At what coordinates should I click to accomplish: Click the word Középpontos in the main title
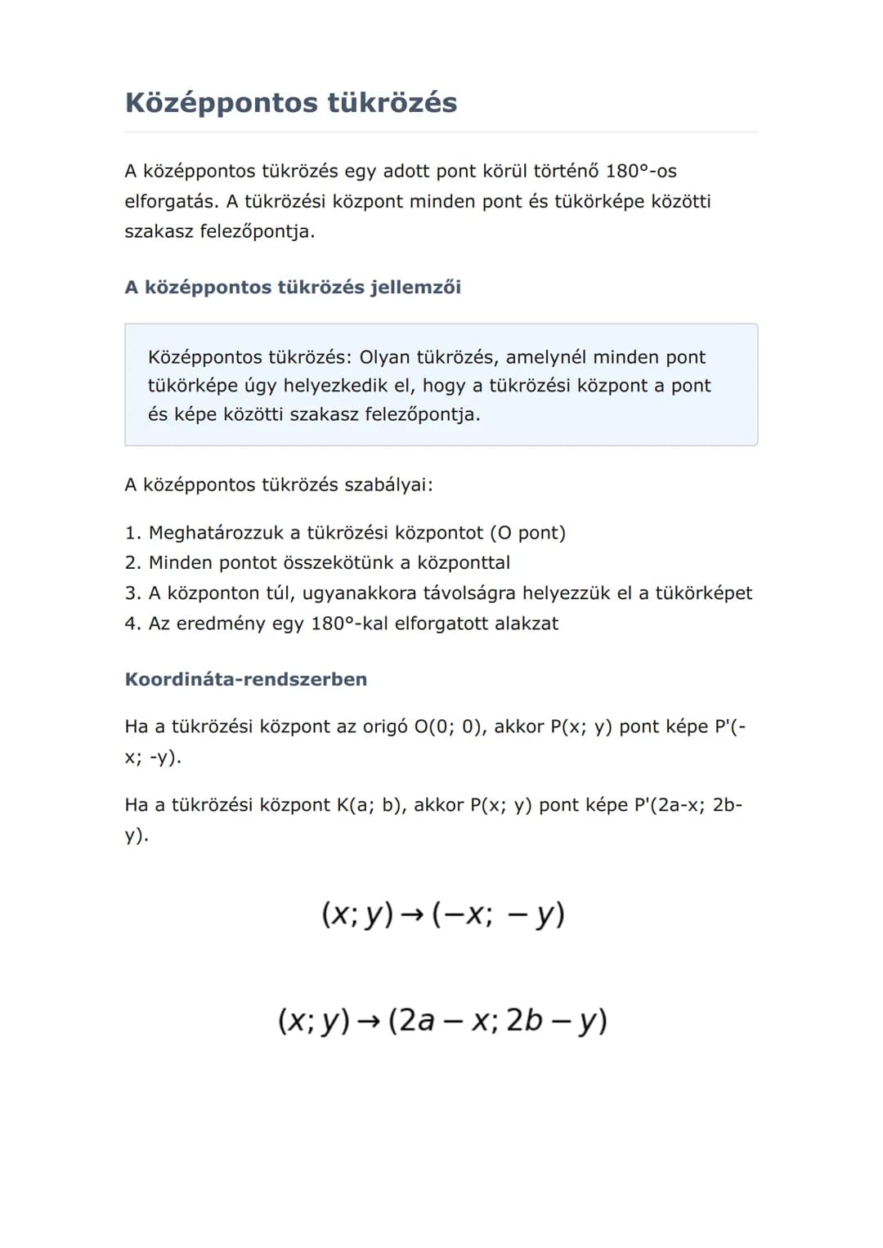[221, 103]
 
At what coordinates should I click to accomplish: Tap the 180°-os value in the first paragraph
[641, 171]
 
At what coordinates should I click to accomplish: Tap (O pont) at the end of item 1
[527, 533]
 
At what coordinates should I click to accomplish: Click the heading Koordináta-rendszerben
[245, 679]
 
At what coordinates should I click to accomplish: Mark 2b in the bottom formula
[524, 1021]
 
